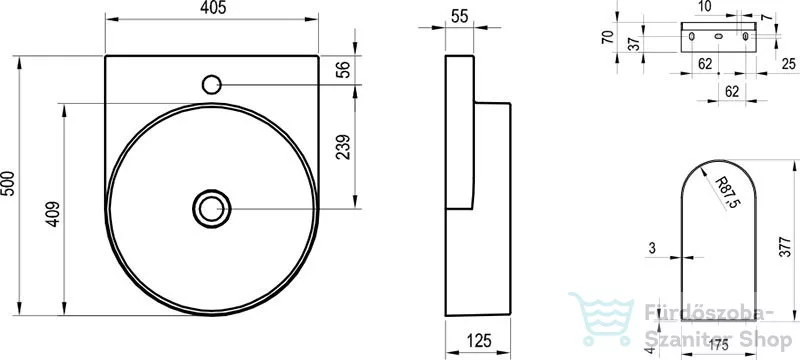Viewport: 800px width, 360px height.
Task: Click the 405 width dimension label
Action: coord(211,8)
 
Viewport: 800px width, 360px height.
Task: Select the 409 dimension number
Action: coord(53,214)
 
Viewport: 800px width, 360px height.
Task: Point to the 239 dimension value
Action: coord(343,146)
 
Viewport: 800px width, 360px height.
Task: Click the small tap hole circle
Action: coord(211,85)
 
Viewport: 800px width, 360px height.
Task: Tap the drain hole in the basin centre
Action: coord(212,209)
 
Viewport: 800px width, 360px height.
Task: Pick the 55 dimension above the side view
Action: coord(459,16)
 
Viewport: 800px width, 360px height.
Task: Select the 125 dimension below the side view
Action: coord(478,340)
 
